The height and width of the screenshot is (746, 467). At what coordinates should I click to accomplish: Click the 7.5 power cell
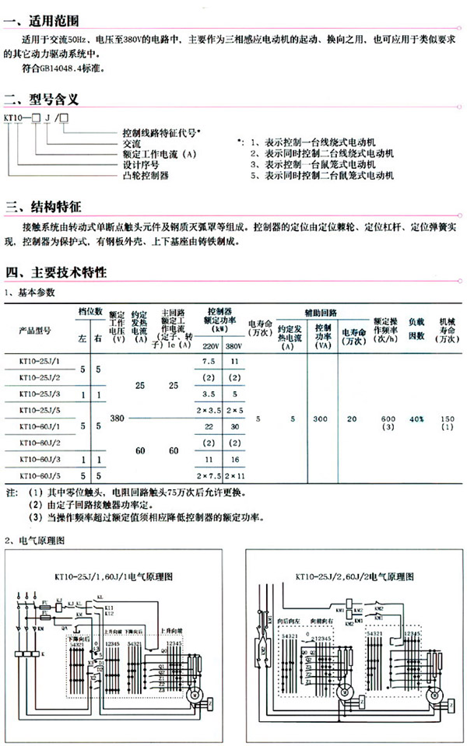point(209,362)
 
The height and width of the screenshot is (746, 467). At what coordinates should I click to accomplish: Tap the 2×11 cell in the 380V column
point(236,475)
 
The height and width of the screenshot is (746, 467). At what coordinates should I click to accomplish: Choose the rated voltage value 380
point(118,419)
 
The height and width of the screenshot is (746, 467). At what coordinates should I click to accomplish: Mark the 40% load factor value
point(417,419)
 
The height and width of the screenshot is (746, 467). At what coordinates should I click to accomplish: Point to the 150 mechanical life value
point(447,419)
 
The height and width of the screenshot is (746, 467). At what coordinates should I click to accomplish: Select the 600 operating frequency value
point(388,419)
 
